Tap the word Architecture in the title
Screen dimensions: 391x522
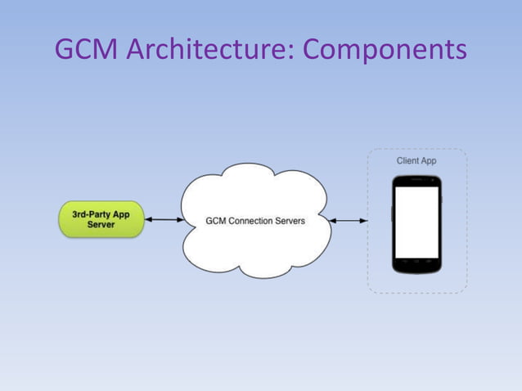(204, 50)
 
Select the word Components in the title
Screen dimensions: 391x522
(385, 50)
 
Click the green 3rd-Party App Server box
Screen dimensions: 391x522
(101, 219)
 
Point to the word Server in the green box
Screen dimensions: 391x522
(101, 225)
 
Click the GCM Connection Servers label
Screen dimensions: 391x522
(254, 220)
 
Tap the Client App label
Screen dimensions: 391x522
(416, 160)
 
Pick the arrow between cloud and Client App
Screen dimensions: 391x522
(349, 220)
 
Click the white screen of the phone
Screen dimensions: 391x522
(416, 222)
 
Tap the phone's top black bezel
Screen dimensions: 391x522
(416, 181)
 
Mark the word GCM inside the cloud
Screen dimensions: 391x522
(215, 220)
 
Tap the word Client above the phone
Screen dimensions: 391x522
(408, 160)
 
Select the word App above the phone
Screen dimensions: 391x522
(429, 160)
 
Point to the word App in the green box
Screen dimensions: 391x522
(120, 214)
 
